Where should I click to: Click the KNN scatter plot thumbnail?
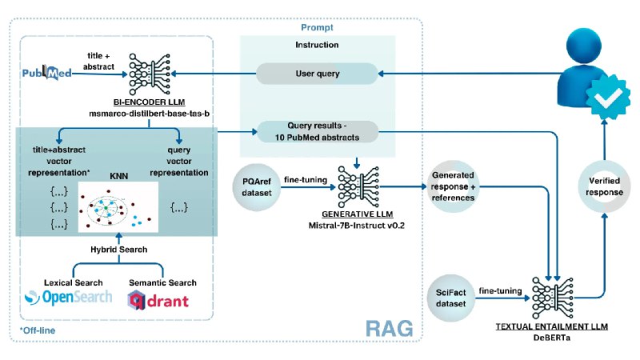[118, 207]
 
